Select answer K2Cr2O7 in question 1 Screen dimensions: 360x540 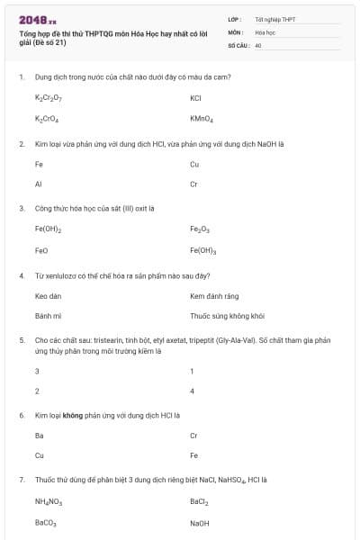48,97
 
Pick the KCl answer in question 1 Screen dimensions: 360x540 196,97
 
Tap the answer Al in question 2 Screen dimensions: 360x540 39,184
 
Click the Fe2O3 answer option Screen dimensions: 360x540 200,229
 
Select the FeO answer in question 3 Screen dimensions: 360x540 40,250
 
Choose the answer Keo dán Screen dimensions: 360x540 48,295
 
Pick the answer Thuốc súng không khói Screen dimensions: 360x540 227,317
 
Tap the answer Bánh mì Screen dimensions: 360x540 47,317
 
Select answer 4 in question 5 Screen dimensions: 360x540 193,391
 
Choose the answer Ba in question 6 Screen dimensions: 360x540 39,435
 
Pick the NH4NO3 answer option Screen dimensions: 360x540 48,501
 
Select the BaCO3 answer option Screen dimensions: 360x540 45,523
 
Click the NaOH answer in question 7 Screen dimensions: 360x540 199,523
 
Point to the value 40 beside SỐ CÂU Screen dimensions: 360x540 258,43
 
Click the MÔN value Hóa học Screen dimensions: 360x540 265,31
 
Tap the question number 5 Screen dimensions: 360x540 21,340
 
